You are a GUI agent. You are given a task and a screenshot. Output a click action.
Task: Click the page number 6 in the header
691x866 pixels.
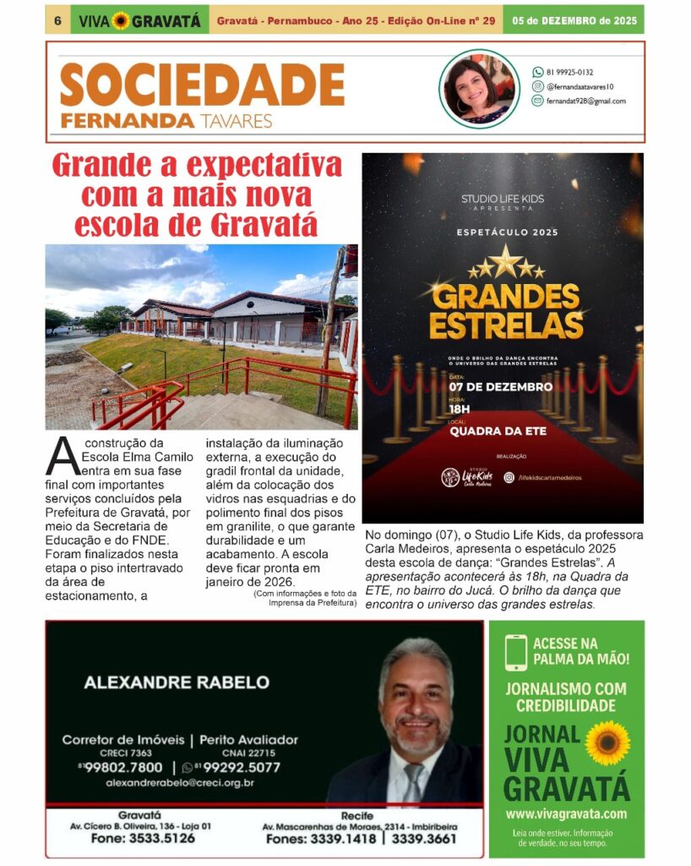point(57,20)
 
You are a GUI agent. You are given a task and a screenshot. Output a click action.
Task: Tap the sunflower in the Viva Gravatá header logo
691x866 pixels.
point(121,20)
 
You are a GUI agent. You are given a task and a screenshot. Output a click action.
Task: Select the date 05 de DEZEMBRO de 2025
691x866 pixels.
point(574,20)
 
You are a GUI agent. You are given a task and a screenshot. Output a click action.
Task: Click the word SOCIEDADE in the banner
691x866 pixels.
point(202,85)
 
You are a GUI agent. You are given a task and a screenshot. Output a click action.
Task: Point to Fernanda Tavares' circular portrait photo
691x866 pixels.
point(479,89)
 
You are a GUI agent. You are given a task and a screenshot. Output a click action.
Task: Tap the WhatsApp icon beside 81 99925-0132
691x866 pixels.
point(537,72)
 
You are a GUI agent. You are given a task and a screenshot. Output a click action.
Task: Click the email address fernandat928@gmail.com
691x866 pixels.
point(586,101)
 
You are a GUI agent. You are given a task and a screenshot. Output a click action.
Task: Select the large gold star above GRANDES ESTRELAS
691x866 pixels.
point(505,262)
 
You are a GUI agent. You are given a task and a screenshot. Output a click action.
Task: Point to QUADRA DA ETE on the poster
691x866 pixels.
point(498,431)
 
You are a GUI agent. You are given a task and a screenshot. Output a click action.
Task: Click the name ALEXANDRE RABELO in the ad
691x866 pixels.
point(177,682)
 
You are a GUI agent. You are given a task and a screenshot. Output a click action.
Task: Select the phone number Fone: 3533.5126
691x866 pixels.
point(142,839)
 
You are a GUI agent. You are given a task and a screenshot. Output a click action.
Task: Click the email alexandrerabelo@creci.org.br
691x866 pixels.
point(180,783)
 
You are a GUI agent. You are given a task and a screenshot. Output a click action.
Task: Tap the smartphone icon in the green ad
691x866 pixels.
point(515,653)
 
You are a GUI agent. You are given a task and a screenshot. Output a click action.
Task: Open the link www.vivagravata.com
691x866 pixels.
point(566,814)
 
